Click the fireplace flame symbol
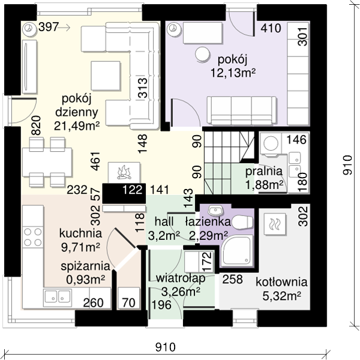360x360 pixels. click(x=124, y=172)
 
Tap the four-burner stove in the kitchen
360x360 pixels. click(x=33, y=237)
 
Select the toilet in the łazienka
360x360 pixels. click(x=242, y=222)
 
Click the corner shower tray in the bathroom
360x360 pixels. click(x=236, y=251)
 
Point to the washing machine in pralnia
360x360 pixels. click(x=271, y=143)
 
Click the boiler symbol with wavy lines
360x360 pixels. click(x=275, y=224)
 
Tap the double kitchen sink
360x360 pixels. click(x=57, y=297)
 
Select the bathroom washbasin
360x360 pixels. click(x=215, y=210)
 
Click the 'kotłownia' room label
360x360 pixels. click(x=281, y=282)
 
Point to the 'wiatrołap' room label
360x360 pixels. click(x=181, y=278)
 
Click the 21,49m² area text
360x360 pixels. click(x=77, y=125)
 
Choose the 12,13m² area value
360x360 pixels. click(x=233, y=73)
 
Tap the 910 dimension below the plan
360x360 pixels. click(x=166, y=347)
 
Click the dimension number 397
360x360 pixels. click(x=49, y=27)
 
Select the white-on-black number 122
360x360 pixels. click(x=132, y=190)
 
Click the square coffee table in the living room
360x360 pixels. click(x=106, y=76)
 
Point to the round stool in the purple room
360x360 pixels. click(x=202, y=55)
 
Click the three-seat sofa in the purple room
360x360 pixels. click(x=242, y=110)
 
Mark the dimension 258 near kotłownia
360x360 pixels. click(x=233, y=279)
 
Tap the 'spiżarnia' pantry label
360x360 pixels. click(x=85, y=266)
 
